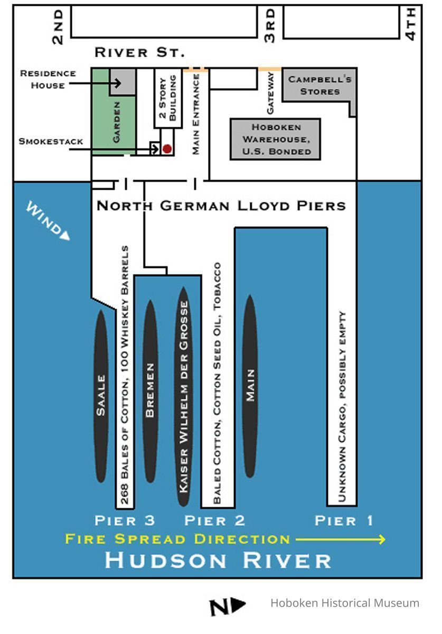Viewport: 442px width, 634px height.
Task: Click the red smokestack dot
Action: (167, 149)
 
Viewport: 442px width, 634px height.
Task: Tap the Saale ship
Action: (101, 396)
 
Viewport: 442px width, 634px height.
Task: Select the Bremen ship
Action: (151, 391)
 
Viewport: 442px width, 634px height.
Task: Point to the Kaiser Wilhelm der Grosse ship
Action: (183, 396)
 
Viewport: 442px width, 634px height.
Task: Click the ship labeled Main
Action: (250, 386)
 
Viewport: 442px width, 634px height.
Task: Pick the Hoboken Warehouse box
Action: (275, 139)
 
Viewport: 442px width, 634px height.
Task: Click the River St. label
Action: (139, 53)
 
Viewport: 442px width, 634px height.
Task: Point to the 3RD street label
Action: (270, 25)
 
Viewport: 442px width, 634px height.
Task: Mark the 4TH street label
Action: (411, 24)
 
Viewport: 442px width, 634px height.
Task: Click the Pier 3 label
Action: (125, 521)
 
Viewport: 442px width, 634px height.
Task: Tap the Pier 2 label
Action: (214, 521)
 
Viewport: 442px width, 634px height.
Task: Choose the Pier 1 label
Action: (344, 521)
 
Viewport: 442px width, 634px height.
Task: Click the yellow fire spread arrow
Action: (340, 539)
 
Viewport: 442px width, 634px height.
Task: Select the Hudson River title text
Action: (218, 560)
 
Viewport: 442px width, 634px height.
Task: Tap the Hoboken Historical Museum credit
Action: (345, 603)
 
